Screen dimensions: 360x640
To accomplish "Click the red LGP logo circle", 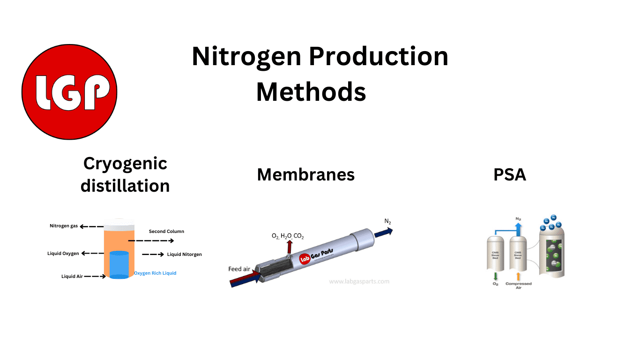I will tap(69, 92).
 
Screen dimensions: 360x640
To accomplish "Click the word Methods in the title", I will tap(311, 92).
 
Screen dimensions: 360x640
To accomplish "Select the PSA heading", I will tap(510, 175).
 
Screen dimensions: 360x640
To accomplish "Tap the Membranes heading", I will tap(305, 175).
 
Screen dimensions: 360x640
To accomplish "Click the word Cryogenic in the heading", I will tap(125, 164).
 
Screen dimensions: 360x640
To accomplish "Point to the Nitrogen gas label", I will tap(64, 226).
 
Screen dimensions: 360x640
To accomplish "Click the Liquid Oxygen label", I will tap(63, 254).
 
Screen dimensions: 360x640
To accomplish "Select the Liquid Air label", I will tap(72, 277).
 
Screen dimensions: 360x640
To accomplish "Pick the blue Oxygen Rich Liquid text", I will tap(155, 273).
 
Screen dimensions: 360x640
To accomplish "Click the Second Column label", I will tap(166, 231).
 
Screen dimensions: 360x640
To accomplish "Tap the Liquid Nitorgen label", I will tap(184, 255).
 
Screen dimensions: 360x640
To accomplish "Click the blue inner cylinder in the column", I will tap(119, 265).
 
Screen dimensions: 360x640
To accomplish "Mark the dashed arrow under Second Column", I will tap(150, 241).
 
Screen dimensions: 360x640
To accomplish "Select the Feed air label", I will tap(239, 269).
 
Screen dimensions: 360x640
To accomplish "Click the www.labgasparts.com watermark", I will tap(359, 282).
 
